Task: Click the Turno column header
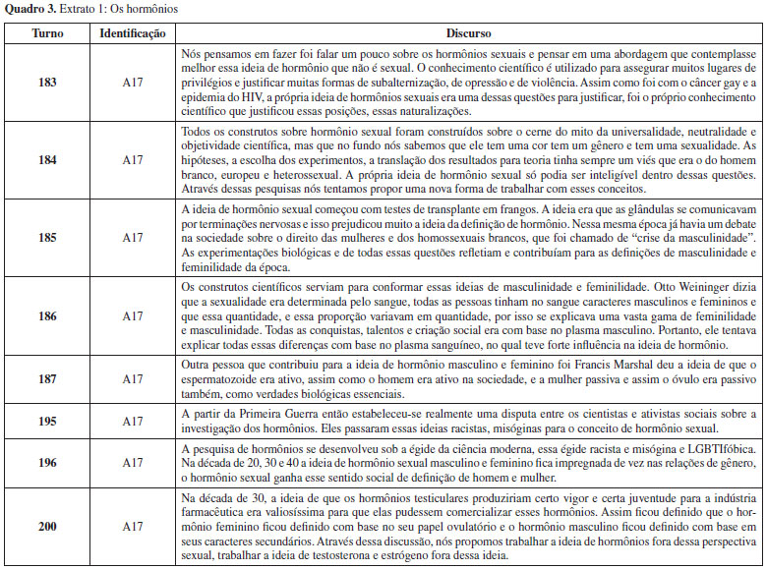coord(45,32)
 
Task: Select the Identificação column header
coord(133,32)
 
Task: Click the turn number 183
coord(45,82)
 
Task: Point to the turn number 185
coord(45,238)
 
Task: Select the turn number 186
coord(45,316)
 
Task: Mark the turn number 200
coord(45,528)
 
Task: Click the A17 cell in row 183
coord(133,82)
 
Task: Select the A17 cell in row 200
coord(133,528)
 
